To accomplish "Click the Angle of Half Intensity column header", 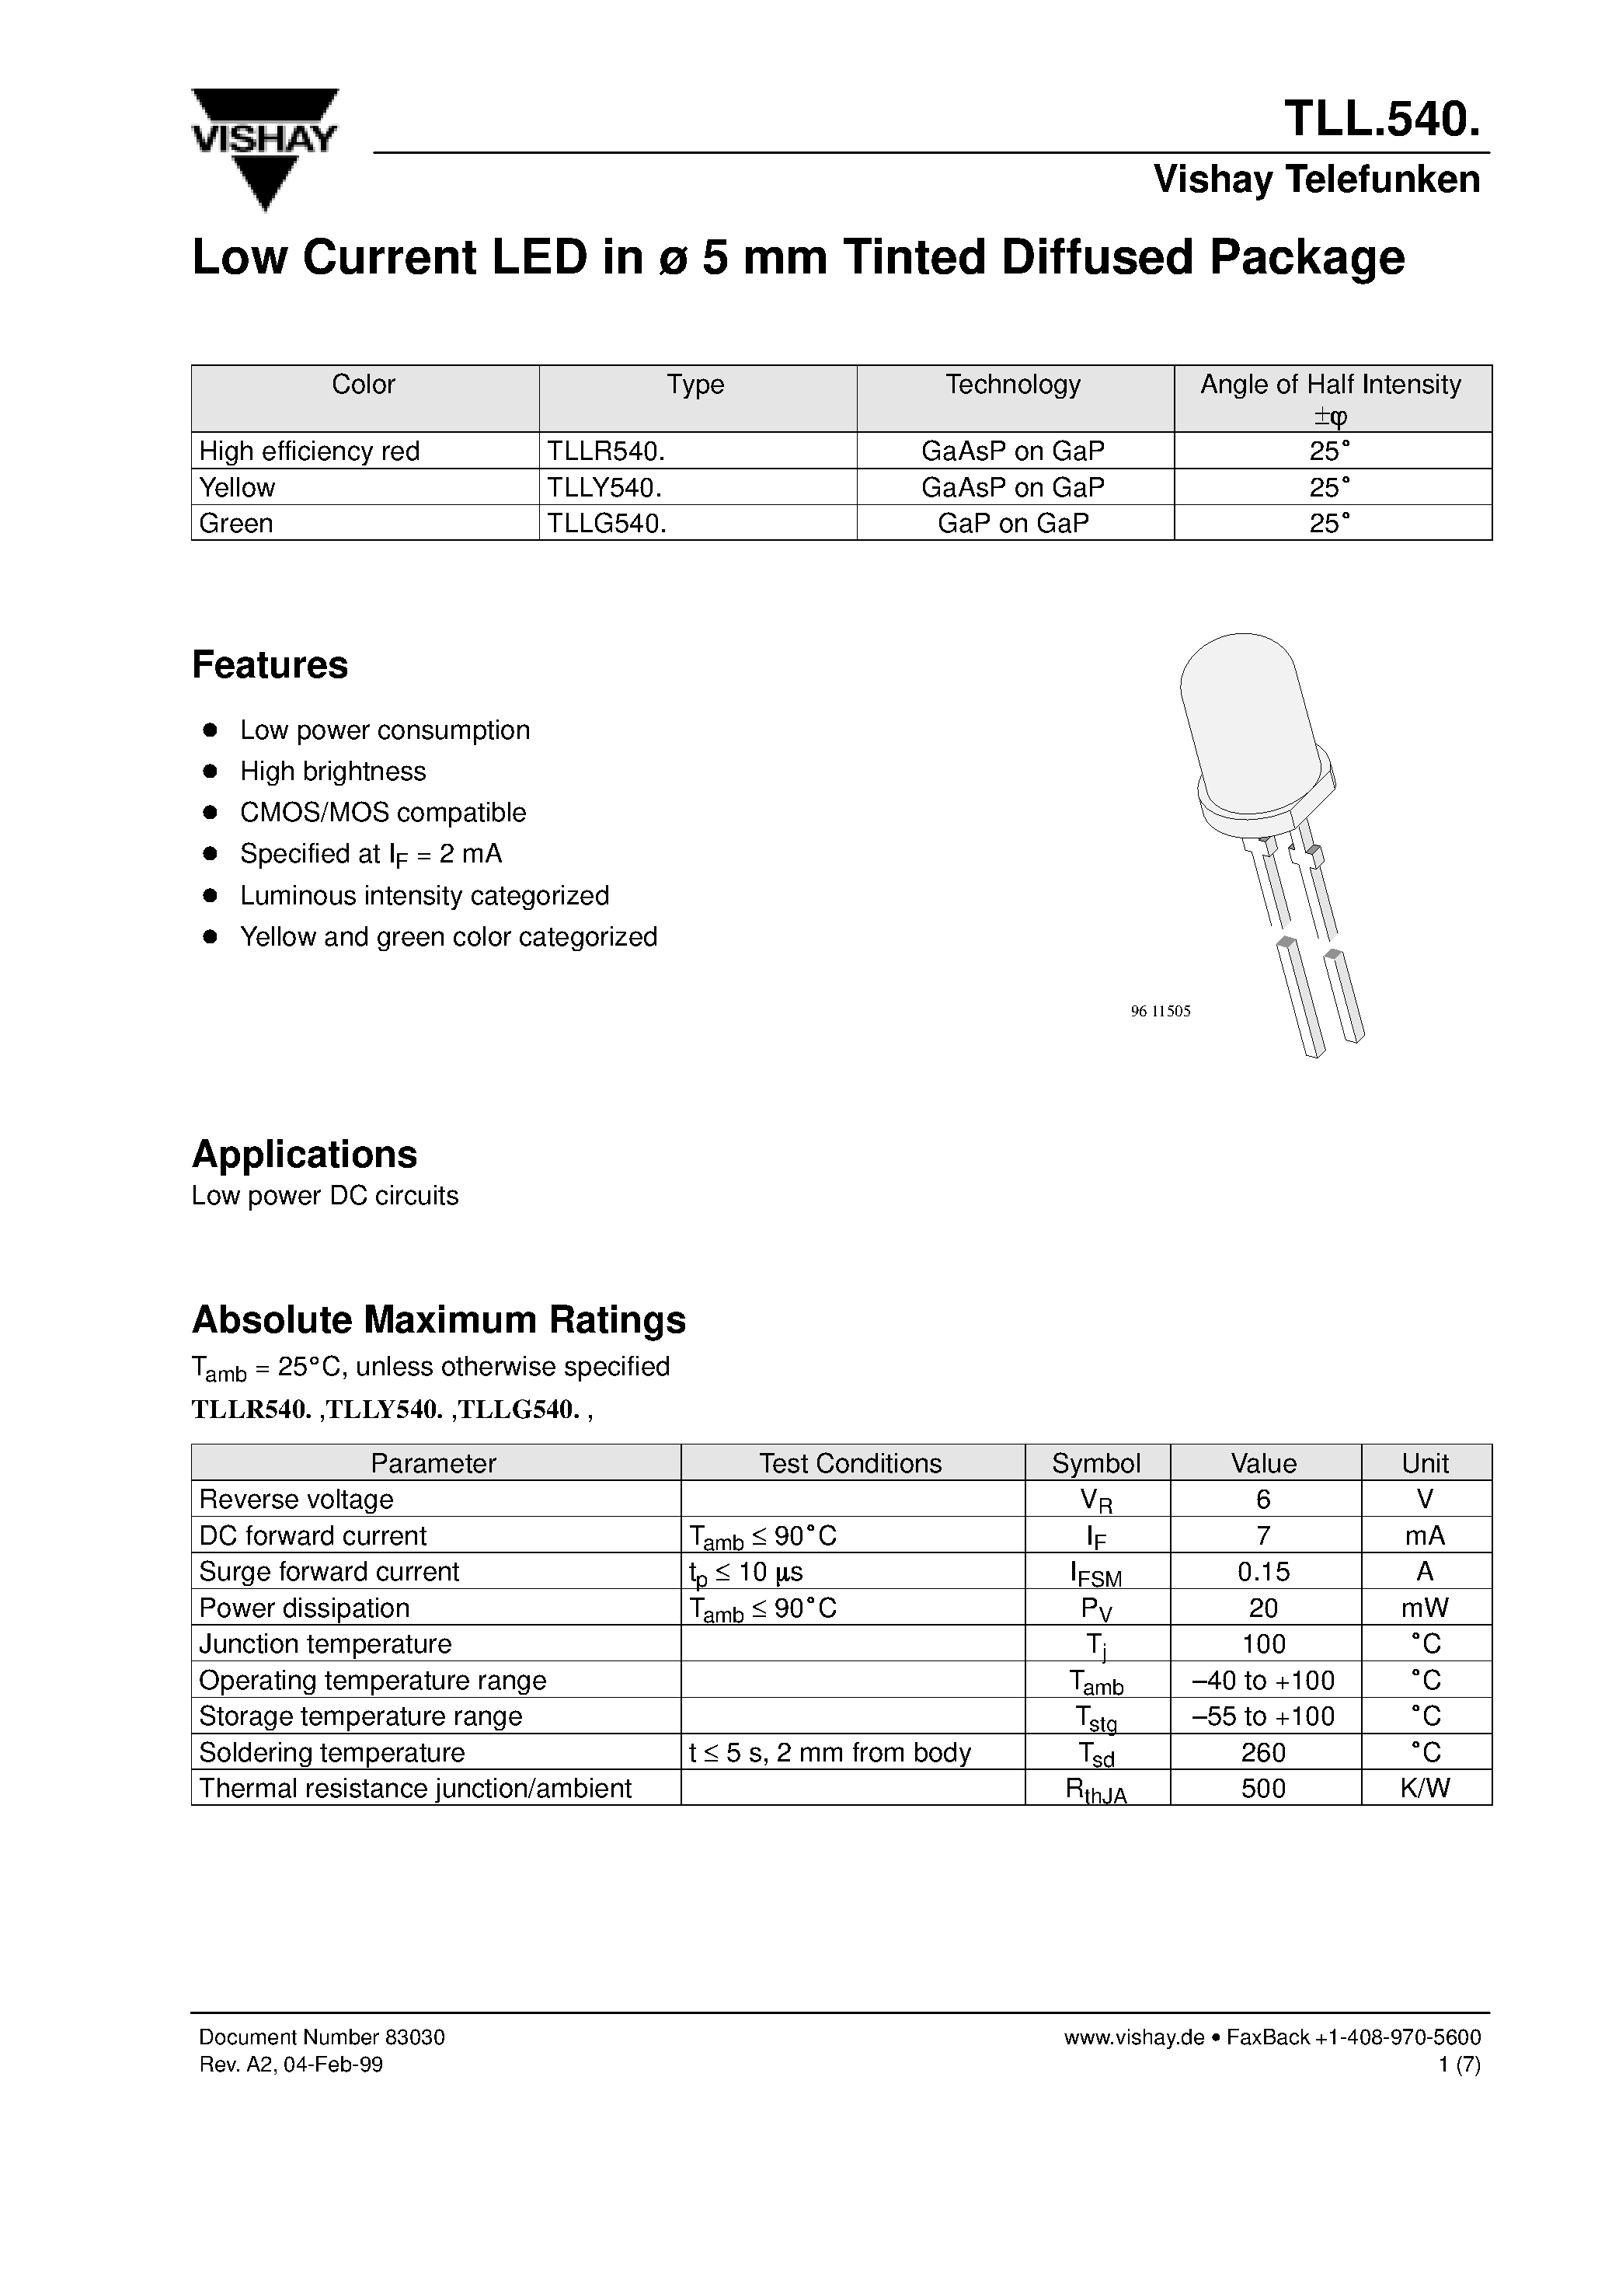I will pos(1331,397).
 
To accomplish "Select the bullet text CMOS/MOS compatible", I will pos(383,813).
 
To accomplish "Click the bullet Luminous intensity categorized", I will pos(424,896).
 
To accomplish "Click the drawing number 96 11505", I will pos(1161,1012).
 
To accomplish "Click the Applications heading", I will pos(305,1154).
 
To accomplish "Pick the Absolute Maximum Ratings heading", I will pos(438,1320).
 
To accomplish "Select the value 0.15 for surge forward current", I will pos(1264,1571).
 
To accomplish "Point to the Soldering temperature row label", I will pos(332,1752).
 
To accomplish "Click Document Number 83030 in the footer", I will pos(322,2037).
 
